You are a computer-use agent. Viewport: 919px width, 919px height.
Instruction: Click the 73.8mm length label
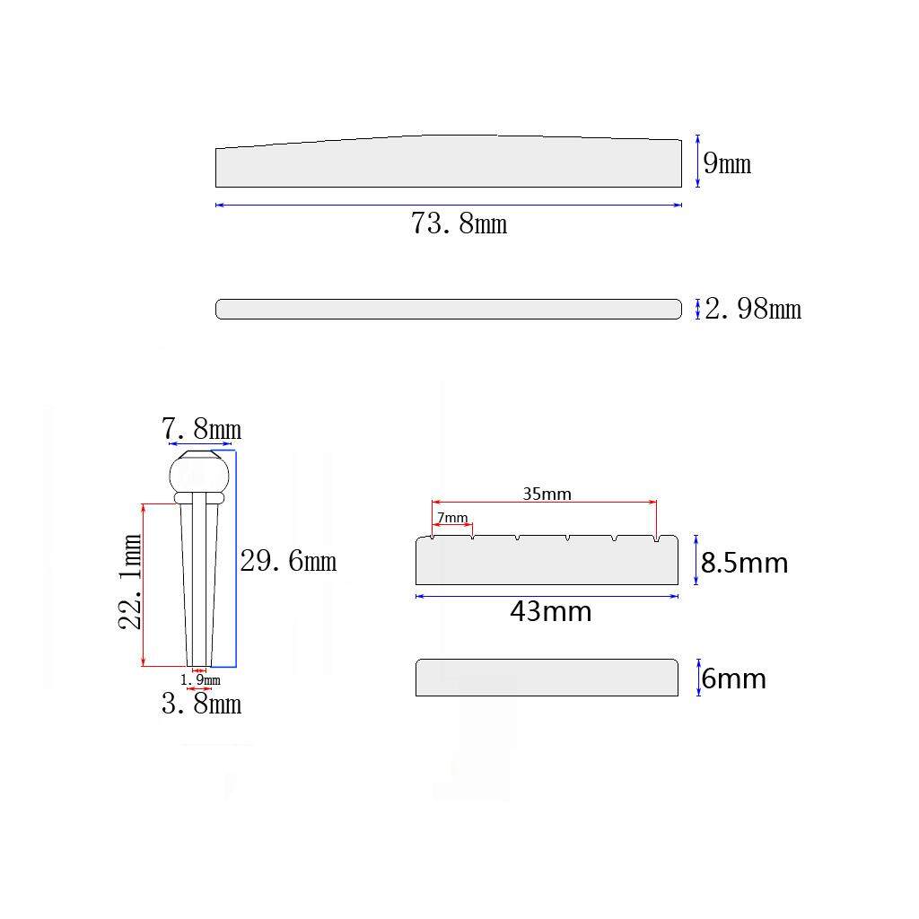point(459,223)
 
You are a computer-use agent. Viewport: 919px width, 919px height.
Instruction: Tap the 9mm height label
point(727,163)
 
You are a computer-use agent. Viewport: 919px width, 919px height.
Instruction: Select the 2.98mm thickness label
point(753,309)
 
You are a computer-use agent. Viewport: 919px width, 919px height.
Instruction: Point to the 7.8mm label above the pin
point(201,429)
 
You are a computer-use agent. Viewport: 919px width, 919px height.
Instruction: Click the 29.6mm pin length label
point(288,562)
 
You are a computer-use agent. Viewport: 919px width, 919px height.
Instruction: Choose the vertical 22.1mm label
point(129,582)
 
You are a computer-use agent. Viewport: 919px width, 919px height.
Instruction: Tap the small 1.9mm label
point(200,680)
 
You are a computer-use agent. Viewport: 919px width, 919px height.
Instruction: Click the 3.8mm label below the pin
point(201,704)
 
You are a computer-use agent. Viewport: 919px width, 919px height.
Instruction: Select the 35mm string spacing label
point(547,495)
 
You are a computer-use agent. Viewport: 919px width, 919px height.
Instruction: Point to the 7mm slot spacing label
point(452,518)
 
